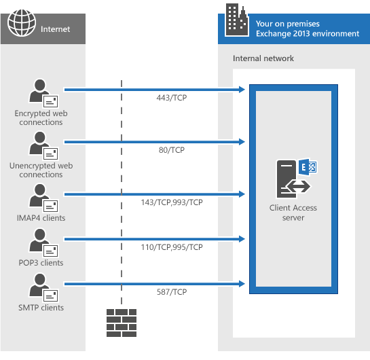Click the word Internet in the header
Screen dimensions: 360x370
[55, 29]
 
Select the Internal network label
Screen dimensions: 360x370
[263, 58]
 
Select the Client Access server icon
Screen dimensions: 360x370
[294, 177]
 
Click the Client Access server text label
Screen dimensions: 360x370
[293, 213]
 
